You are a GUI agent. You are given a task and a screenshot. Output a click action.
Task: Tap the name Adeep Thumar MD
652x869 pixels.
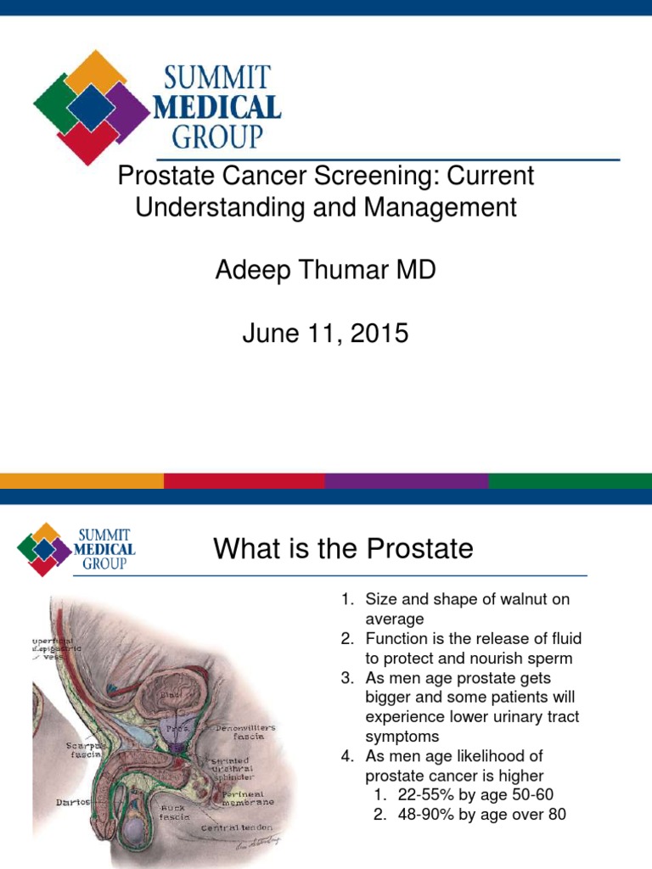pyautogui.click(x=325, y=271)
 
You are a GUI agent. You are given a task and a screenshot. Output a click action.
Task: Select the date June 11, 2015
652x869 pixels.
pyautogui.click(x=325, y=334)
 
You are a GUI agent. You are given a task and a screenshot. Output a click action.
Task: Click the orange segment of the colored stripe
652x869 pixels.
pyautogui.click(x=81, y=481)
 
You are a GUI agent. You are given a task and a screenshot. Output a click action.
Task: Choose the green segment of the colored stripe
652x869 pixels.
pyautogui.click(x=570, y=481)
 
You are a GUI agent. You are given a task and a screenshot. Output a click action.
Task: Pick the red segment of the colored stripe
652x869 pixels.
pyautogui.click(x=244, y=481)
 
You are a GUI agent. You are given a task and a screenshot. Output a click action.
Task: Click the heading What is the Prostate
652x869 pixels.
pyautogui.click(x=343, y=549)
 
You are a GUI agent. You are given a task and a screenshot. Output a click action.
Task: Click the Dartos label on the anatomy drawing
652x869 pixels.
pyautogui.click(x=74, y=801)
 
